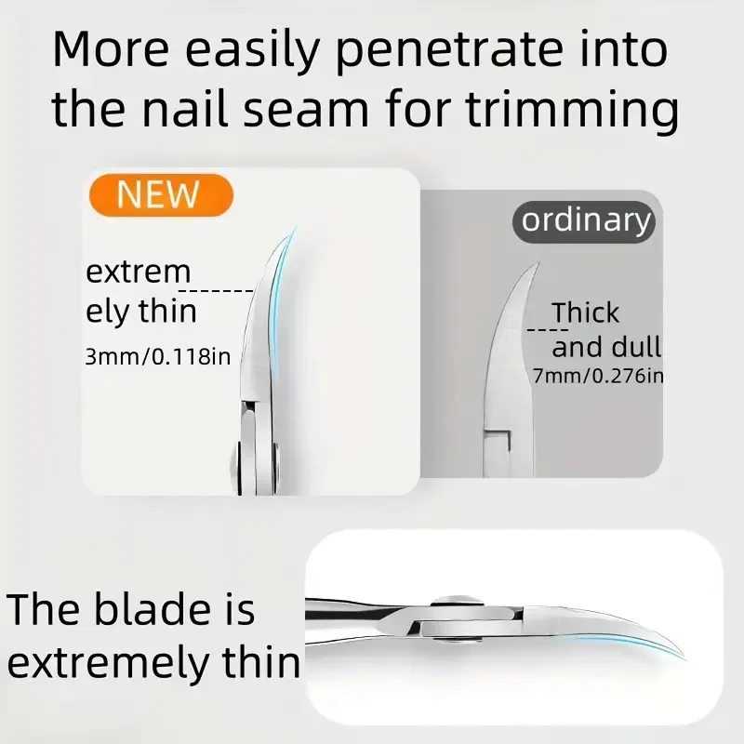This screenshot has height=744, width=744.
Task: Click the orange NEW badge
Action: pos(159,194)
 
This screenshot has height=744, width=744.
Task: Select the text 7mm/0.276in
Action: pos(598,376)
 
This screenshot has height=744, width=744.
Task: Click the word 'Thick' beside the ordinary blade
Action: pos(585,313)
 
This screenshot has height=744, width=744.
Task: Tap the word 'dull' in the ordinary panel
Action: pos(635,347)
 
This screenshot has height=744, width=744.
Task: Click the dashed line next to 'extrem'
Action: pos(223,291)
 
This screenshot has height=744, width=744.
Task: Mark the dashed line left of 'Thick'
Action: pos(547,328)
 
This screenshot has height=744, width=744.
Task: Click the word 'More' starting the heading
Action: pos(107,52)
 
